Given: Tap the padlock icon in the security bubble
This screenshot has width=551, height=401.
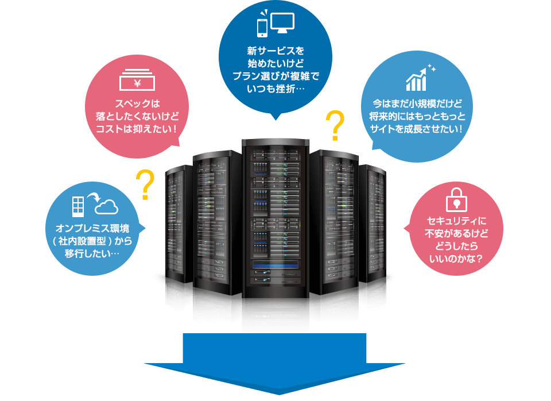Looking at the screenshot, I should point(456,199).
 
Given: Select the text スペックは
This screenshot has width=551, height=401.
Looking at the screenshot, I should point(136,103).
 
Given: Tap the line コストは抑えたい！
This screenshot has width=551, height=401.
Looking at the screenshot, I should point(137,126).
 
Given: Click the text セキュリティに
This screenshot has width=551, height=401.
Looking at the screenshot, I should point(456,221).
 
